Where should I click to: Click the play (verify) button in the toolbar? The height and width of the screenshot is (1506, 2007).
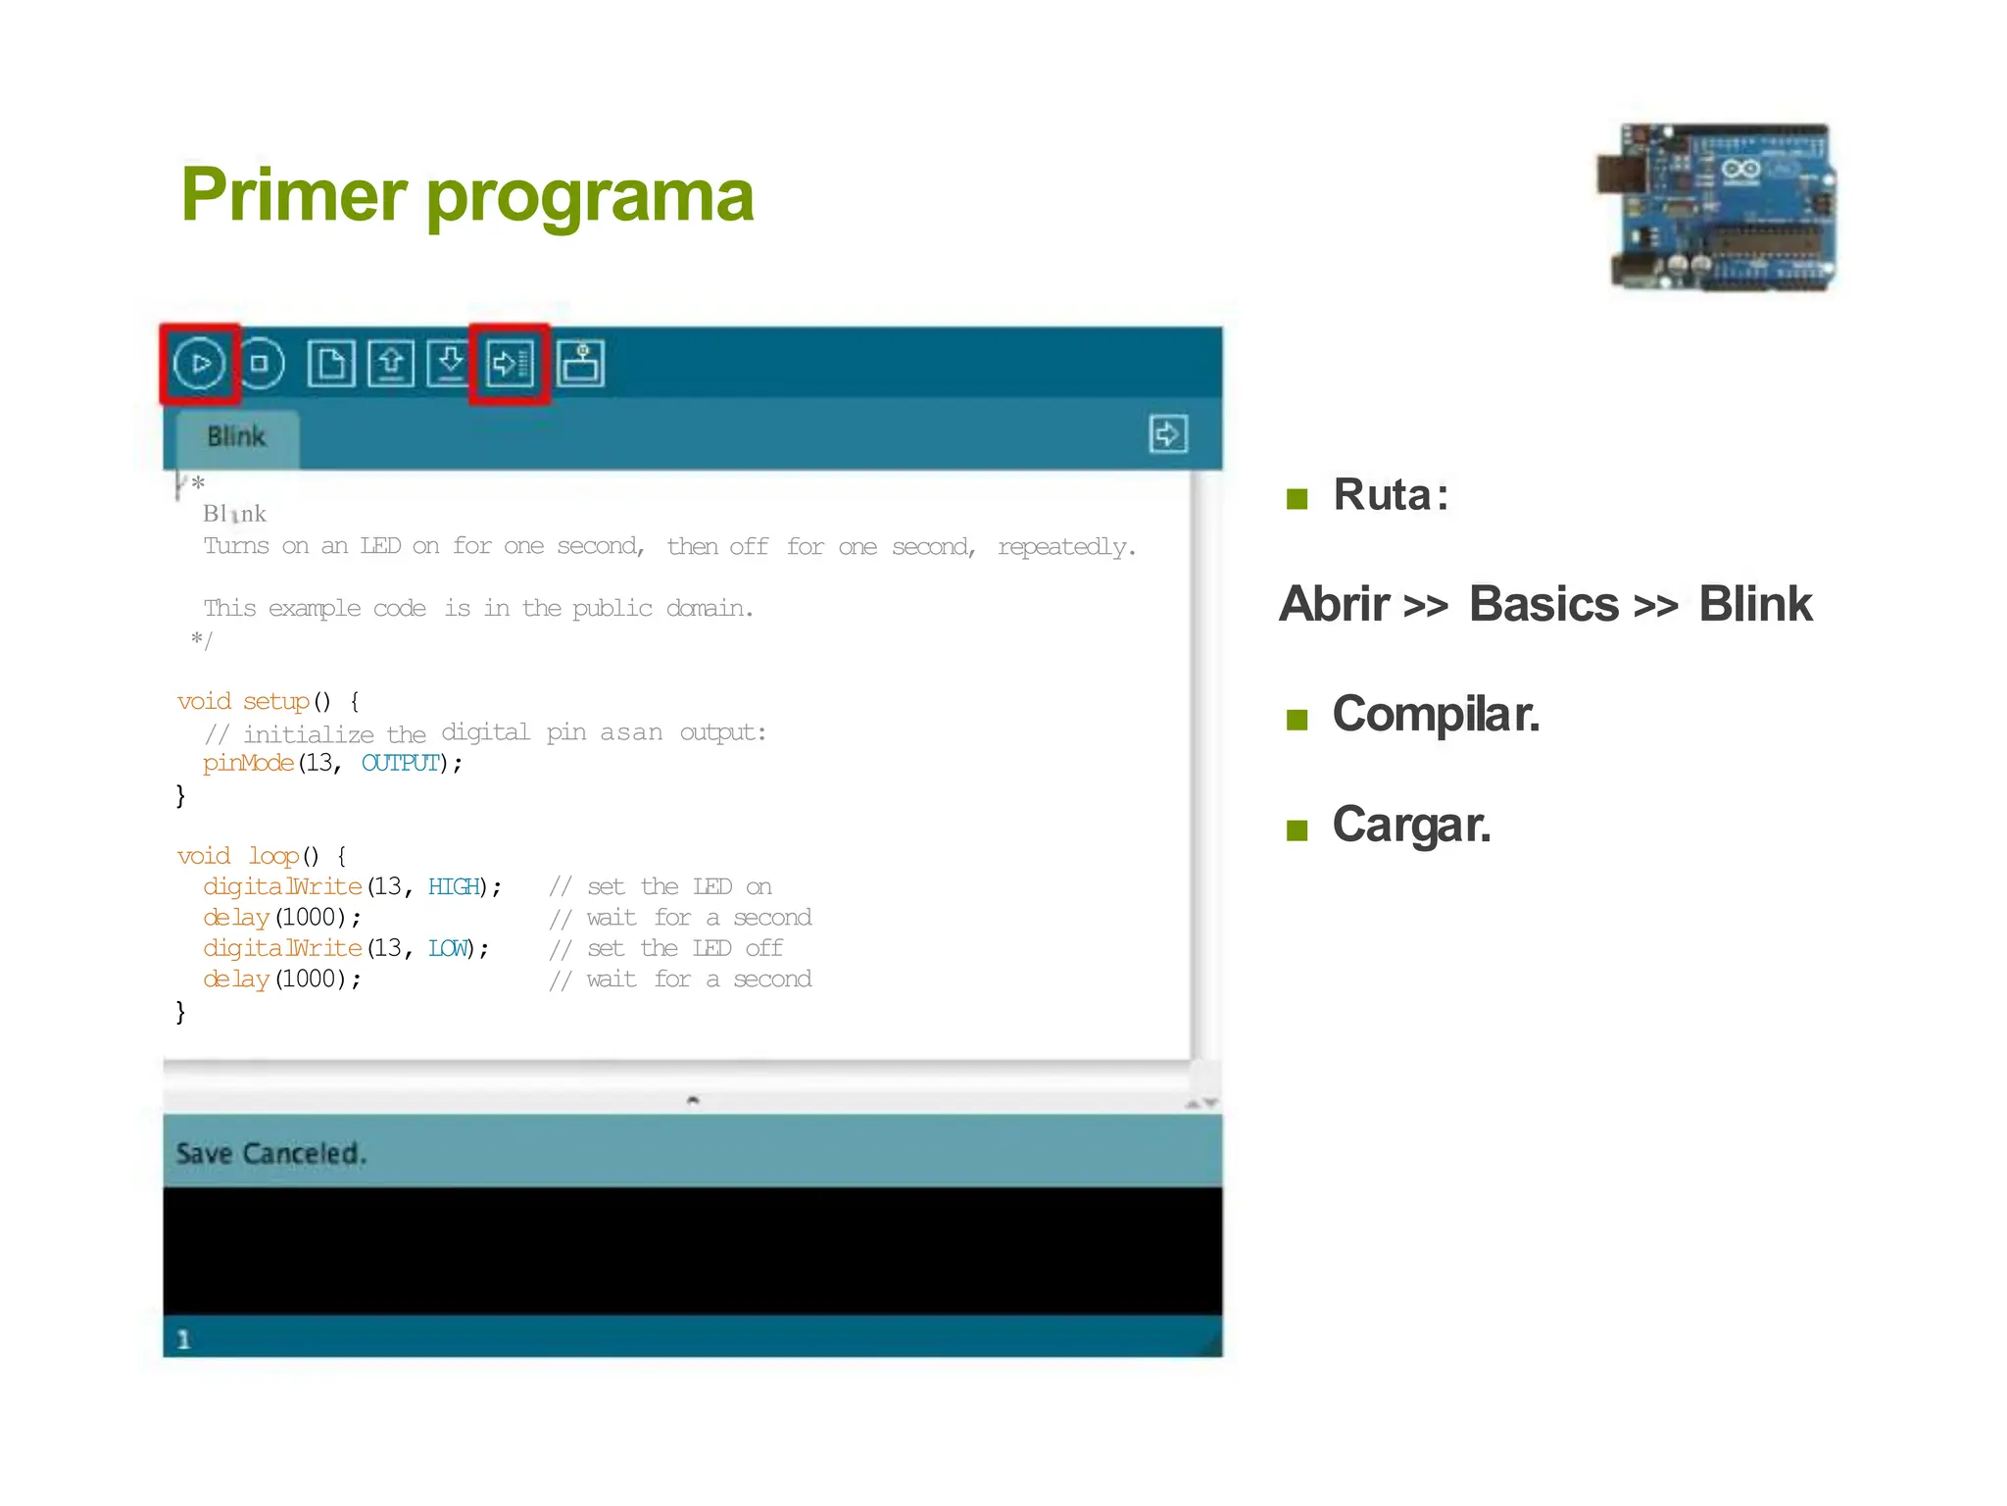pyautogui.click(x=200, y=364)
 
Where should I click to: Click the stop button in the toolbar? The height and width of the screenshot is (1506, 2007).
pyautogui.click(x=260, y=364)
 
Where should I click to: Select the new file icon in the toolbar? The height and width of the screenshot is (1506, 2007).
pyautogui.click(x=331, y=364)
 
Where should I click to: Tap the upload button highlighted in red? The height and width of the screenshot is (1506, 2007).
pyautogui.click(x=510, y=364)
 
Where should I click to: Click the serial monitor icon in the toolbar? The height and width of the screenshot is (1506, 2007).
pyautogui.click(x=581, y=364)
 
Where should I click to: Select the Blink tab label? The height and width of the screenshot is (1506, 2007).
pyautogui.click(x=236, y=437)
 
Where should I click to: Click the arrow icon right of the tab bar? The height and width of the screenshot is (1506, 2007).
pyautogui.click(x=1168, y=434)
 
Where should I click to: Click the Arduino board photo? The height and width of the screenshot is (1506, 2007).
pyautogui.click(x=1716, y=208)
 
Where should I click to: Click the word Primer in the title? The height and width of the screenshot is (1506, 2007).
pyautogui.click(x=293, y=195)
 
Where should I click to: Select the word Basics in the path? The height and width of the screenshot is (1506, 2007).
pyautogui.click(x=1543, y=604)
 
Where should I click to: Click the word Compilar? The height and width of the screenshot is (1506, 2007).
pyautogui.click(x=1436, y=715)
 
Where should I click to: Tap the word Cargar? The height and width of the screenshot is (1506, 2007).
pyautogui.click(x=1411, y=826)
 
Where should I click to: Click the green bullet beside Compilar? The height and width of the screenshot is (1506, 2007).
pyautogui.click(x=1297, y=721)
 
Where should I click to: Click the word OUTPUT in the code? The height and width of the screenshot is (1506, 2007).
pyautogui.click(x=401, y=763)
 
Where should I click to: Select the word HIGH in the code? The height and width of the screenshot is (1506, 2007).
pyautogui.click(x=454, y=887)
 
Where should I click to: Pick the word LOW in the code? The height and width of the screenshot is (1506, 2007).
pyautogui.click(x=449, y=949)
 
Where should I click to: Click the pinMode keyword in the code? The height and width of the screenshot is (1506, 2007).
pyautogui.click(x=248, y=763)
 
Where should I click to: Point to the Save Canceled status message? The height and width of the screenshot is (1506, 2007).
pyautogui.click(x=271, y=1154)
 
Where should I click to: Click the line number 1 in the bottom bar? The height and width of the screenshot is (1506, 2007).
pyautogui.click(x=183, y=1339)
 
